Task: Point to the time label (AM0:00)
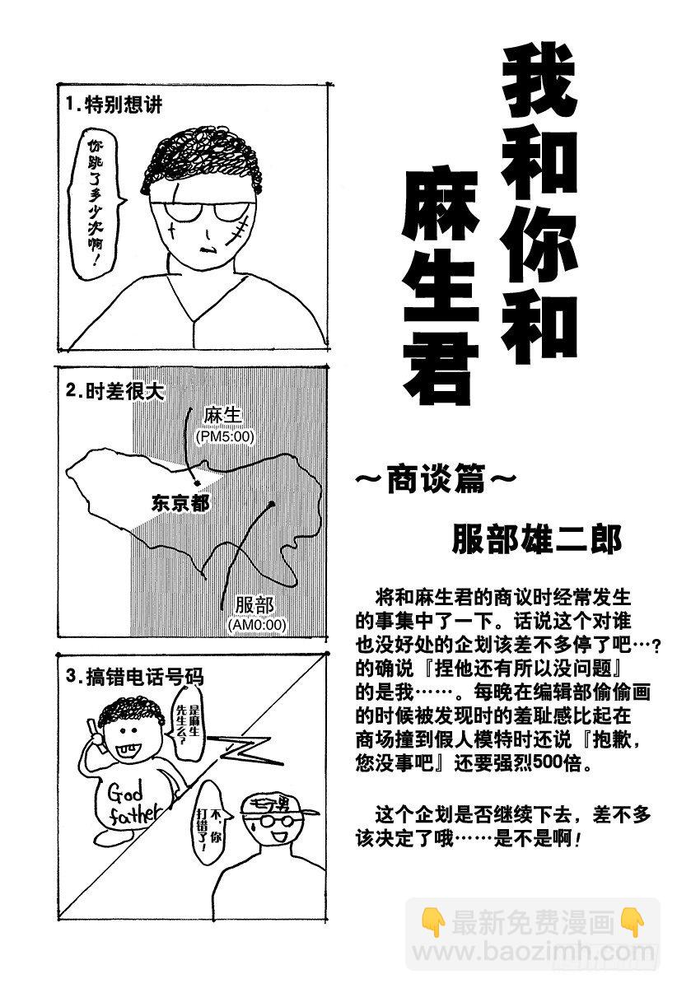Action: click(x=257, y=625)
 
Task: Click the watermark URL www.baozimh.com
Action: click(x=536, y=953)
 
